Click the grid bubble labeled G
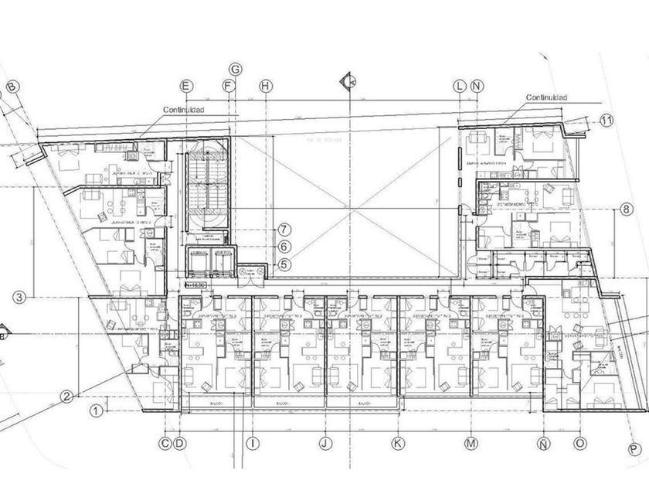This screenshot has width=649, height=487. click(236, 70)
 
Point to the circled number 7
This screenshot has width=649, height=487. click(284, 230)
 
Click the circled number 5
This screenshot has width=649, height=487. click(284, 264)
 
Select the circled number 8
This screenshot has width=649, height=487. click(626, 209)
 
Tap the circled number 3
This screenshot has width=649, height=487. click(21, 296)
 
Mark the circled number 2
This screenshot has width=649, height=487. click(67, 397)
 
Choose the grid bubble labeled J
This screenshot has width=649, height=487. click(325, 444)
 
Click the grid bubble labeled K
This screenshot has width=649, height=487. click(398, 444)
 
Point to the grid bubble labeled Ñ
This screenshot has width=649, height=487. click(544, 444)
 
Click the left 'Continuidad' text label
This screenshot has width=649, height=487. click(183, 110)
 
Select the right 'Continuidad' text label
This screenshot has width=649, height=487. click(546, 98)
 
